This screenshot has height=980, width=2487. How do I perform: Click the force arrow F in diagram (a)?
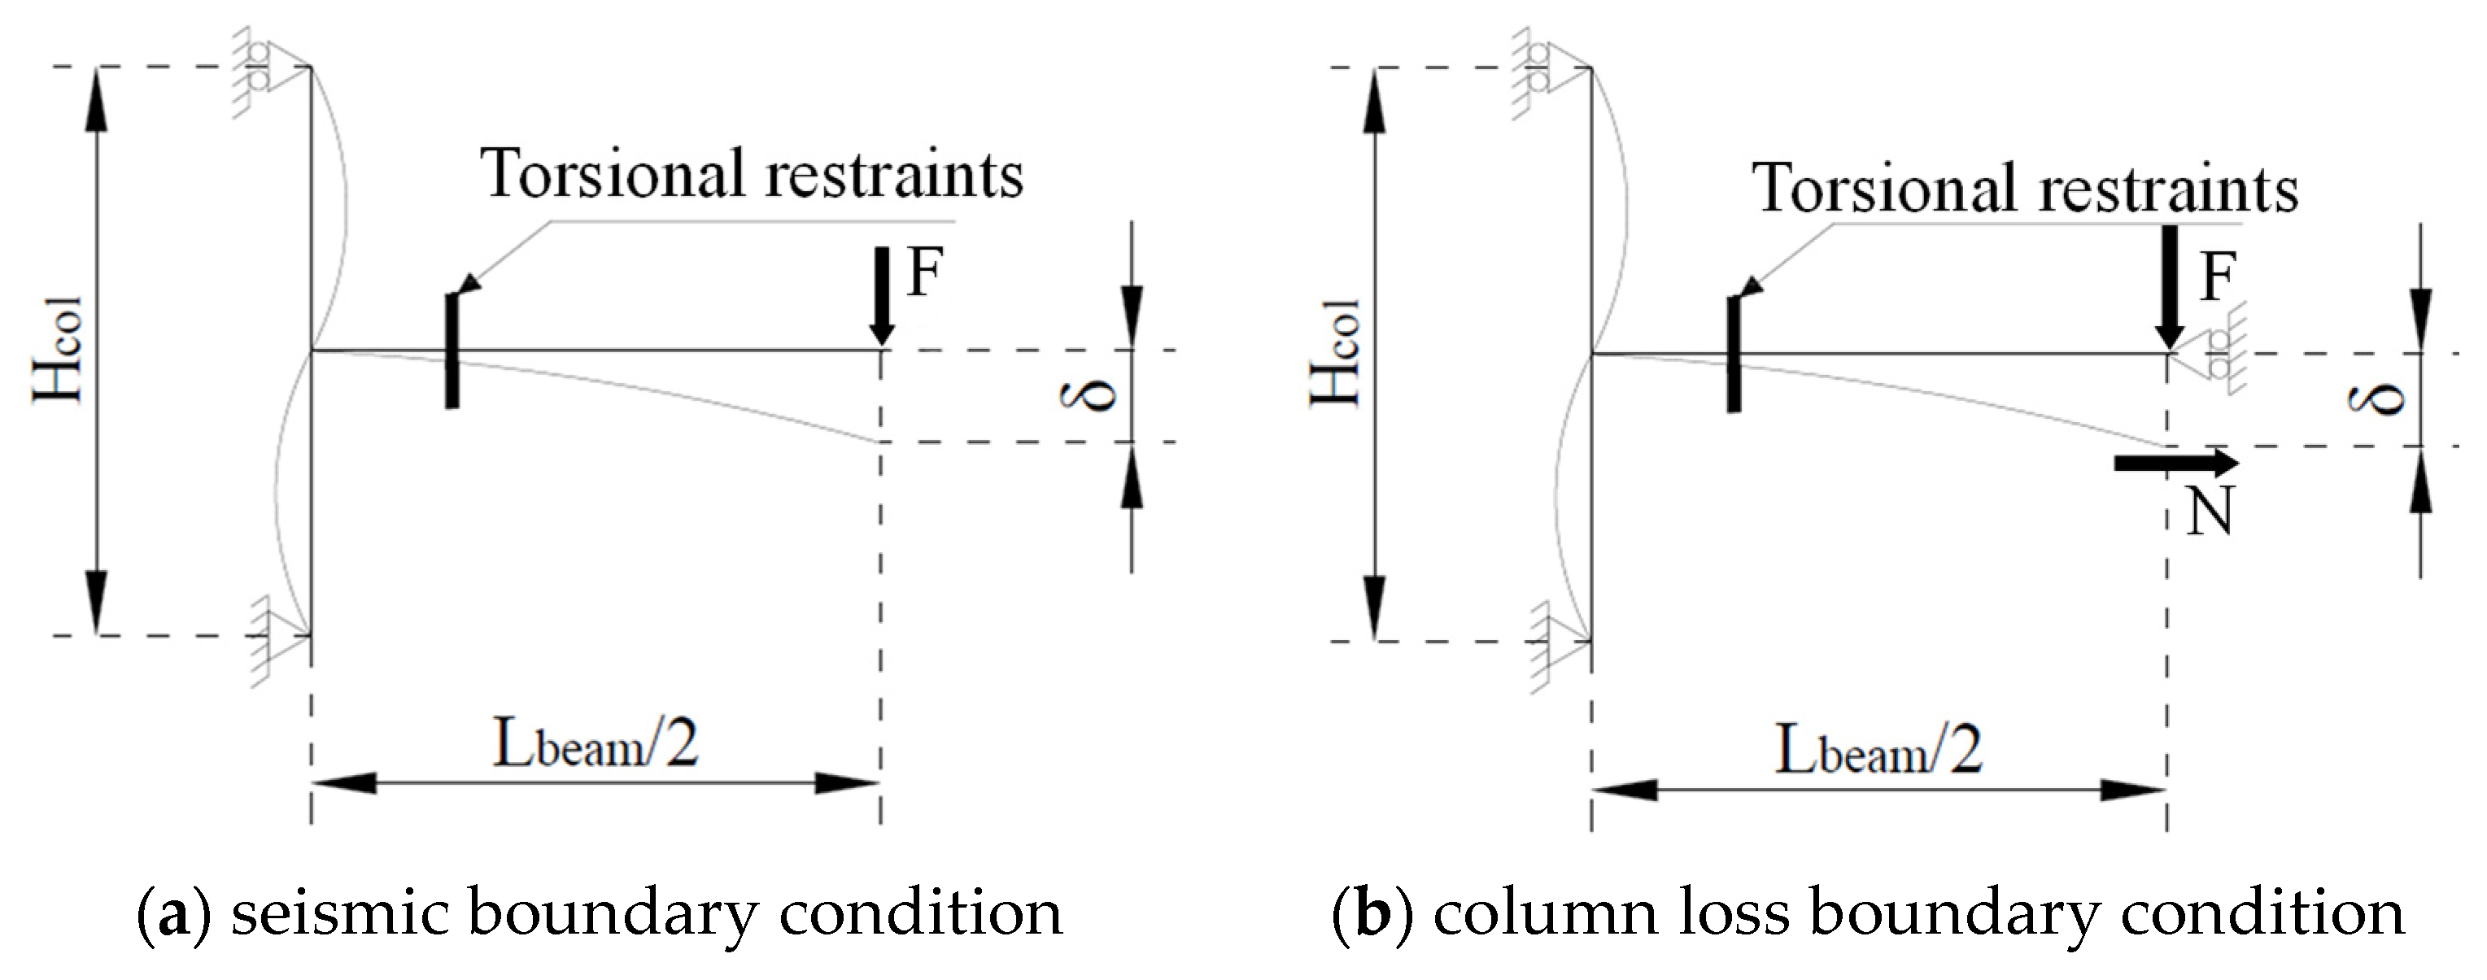pos(880,294)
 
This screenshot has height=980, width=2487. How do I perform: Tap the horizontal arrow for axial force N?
pos(2176,463)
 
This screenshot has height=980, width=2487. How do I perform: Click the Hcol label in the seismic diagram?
pos(60,350)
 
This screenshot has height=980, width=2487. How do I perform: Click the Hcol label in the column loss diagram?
pos(1336,352)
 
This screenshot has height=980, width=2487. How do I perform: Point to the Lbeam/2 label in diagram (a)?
pos(596,746)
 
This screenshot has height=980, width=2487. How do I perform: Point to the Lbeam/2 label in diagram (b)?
pos(1878,751)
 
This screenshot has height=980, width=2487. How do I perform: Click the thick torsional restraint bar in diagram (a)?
pos(452,351)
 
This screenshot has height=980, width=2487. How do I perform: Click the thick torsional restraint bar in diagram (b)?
pos(1734,355)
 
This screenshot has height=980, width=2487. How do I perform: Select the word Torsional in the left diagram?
pos(618,175)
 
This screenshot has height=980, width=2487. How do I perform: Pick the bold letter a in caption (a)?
pos(174,912)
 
